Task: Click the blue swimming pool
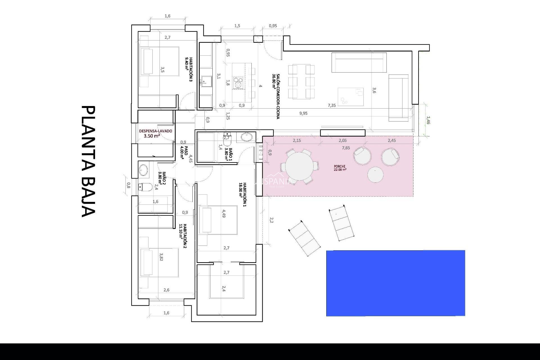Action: point(395,283)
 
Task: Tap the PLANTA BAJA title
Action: point(88,161)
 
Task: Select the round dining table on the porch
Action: point(300,166)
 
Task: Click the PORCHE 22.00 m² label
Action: point(340,168)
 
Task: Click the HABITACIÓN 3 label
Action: point(189,69)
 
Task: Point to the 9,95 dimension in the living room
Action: point(303,113)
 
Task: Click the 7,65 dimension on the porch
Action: point(346,148)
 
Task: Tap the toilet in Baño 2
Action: point(145,187)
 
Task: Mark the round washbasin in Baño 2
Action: point(143,170)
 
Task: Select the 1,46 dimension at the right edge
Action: point(428,120)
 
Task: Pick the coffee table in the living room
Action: point(350,96)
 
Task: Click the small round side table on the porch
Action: point(375,175)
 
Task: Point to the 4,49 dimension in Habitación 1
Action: point(224,213)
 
